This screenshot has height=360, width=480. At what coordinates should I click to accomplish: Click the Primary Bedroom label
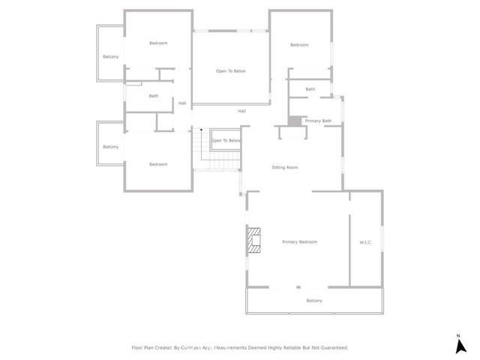coord(299,242)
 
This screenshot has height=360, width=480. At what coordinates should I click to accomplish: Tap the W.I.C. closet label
coord(366,242)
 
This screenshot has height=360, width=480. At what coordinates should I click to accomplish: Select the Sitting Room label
coord(284,167)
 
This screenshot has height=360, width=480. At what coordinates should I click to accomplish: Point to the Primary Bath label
coord(318,121)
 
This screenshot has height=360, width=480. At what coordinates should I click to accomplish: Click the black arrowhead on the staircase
coord(201,130)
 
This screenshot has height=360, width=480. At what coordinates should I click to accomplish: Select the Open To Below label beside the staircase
coord(226,140)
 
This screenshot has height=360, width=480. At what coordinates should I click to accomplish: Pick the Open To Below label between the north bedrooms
coord(231,71)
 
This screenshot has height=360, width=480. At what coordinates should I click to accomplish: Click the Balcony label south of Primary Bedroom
coord(314,301)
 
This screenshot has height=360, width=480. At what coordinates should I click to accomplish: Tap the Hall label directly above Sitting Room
coord(241,111)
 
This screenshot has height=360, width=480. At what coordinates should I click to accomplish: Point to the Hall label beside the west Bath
coord(182,103)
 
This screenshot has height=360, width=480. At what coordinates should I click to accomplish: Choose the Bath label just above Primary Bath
coord(310,90)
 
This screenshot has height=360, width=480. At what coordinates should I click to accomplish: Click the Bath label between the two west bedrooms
coord(154,96)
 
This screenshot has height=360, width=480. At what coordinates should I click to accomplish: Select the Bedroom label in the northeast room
coord(299,45)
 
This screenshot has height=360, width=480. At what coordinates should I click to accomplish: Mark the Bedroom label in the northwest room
coord(158,43)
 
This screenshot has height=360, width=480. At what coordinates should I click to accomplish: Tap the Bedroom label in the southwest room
coord(157,164)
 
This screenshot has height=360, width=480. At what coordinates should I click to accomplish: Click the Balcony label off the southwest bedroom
coord(111,147)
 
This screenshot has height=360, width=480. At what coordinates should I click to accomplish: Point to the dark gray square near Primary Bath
coord(294,121)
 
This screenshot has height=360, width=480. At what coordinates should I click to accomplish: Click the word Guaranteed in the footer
coord(331,348)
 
